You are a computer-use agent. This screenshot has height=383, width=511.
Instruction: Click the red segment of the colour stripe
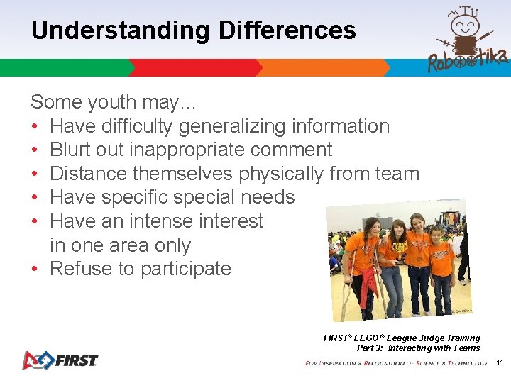point(195,67)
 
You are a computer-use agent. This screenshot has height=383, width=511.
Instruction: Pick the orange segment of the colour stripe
point(323,67)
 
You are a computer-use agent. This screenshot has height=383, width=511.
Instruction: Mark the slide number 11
point(500,362)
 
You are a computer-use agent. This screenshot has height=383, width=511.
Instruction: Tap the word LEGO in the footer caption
point(365,338)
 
